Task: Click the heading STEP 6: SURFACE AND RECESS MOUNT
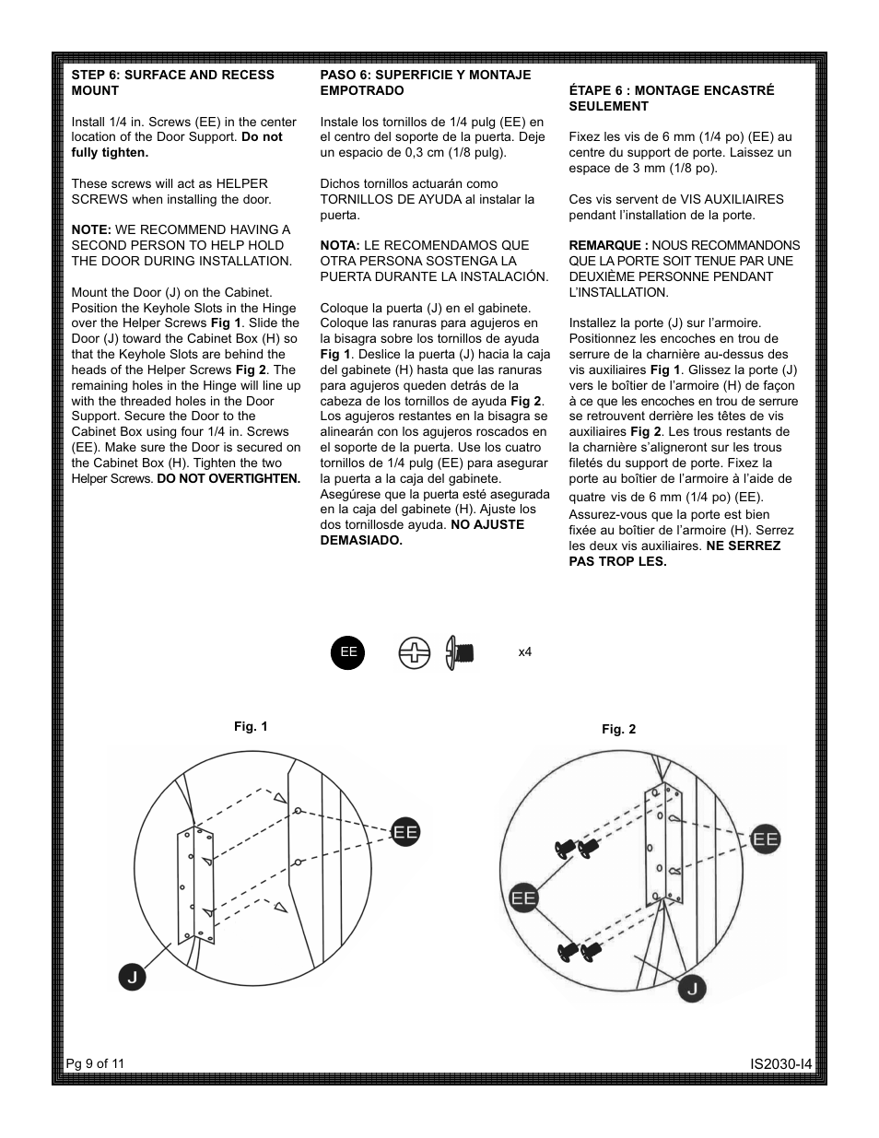coord(172,82)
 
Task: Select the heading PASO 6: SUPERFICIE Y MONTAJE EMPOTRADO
coord(425,82)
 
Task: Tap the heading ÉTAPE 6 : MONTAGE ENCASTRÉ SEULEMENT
coord(671,98)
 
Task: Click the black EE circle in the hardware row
coord(348,652)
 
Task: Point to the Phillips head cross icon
coord(415,653)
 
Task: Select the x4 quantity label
coord(525,652)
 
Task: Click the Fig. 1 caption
coord(251,726)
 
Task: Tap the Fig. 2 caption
coord(618,729)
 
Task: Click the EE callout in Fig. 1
coord(405,831)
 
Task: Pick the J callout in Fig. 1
coord(133,977)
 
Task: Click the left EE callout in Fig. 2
coord(523,897)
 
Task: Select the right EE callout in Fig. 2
coord(765,839)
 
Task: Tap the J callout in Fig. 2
coord(693,989)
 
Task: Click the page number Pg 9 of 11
coord(95,1063)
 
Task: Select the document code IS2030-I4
coord(780,1064)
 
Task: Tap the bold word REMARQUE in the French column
coord(607,245)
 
